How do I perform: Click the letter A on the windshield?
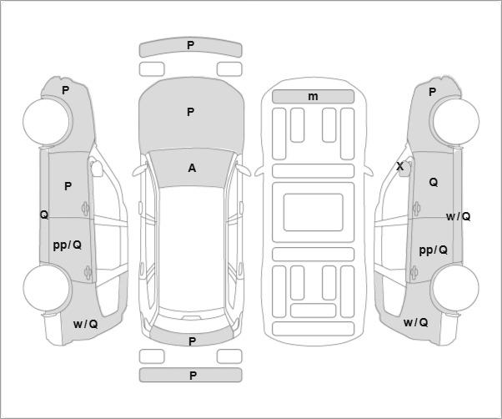[192, 168]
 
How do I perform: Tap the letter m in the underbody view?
[313, 96]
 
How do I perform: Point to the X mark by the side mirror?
[400, 166]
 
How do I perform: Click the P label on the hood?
[190, 112]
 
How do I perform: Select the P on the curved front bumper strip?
[190, 45]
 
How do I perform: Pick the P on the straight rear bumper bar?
[193, 376]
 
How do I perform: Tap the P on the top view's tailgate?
[192, 341]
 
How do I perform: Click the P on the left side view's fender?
[65, 90]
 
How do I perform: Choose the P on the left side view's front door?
[68, 186]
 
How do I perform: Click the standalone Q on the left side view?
[44, 215]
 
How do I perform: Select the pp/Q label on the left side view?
[68, 245]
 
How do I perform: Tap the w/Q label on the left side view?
[86, 324]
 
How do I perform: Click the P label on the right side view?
[432, 93]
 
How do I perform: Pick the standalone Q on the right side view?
[433, 182]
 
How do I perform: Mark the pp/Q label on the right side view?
[433, 250]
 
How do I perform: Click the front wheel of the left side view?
[48, 121]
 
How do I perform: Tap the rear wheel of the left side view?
[48, 287]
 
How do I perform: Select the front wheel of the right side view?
[455, 121]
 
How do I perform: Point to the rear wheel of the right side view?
[455, 287]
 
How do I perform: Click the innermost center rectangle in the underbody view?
[313, 212]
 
